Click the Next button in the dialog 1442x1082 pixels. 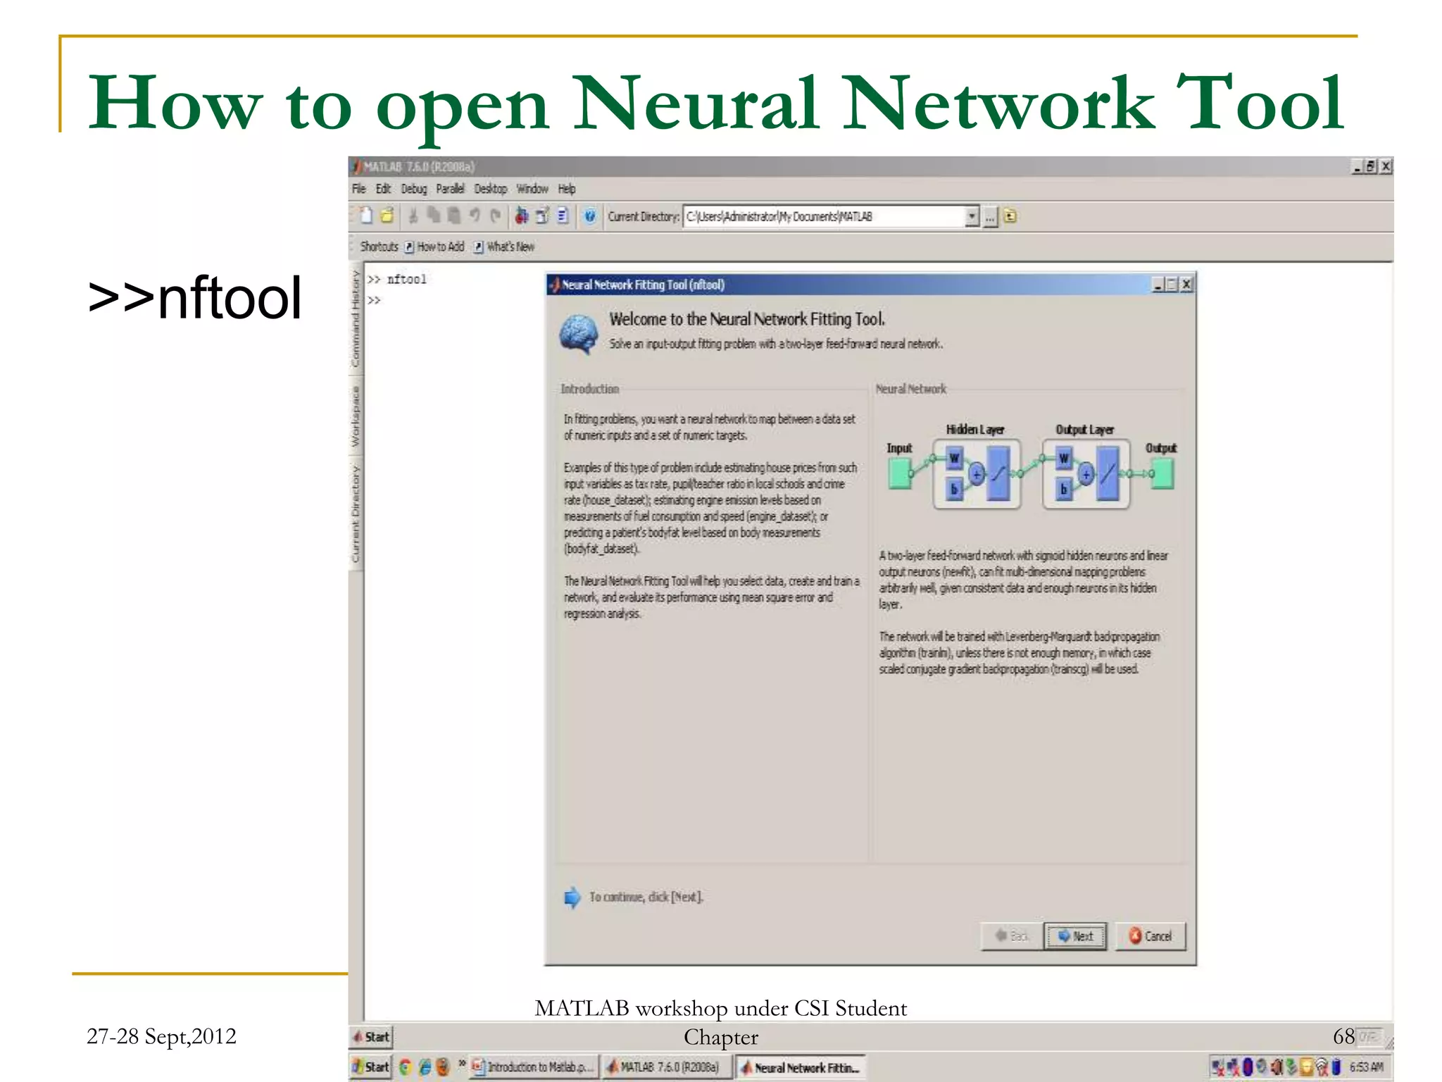1075,936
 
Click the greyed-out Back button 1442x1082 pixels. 1012,936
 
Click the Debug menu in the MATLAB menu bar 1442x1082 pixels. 414,189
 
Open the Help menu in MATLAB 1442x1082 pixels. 567,189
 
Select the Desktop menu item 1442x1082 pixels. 490,189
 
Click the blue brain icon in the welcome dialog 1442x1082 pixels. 579,334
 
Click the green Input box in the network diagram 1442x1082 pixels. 899,473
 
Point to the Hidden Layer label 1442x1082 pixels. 975,430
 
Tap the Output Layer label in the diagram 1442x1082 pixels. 1084,430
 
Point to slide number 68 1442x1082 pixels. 1343,1036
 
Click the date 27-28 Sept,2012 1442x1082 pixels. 161,1036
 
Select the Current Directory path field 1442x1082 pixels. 824,217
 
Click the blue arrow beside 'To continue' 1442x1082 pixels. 572,897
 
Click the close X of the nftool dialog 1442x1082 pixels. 1186,285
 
